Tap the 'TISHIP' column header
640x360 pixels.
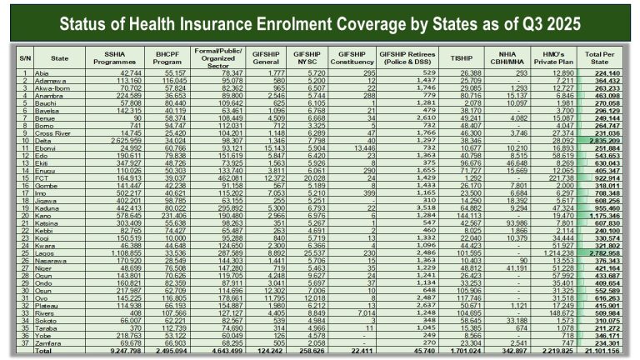coord(461,58)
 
